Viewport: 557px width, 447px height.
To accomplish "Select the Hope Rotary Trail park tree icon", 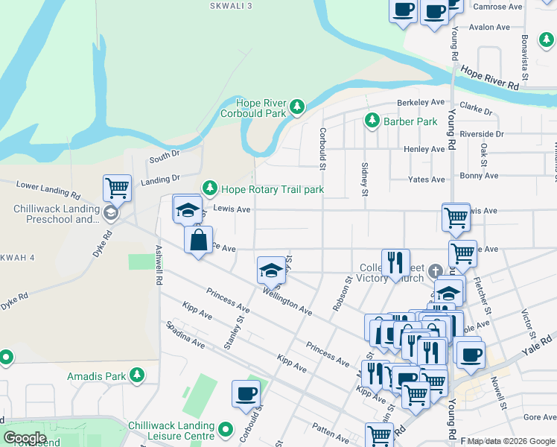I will pos(210,189).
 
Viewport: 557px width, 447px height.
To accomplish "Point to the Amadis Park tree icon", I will pos(137,375).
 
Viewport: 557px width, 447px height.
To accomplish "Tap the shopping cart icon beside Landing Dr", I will pos(117,188).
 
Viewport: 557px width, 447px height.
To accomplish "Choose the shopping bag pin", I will pos(198,241).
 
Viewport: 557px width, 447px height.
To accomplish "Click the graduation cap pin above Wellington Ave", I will pos(271,270).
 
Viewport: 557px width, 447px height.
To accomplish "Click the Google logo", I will pos(25,437).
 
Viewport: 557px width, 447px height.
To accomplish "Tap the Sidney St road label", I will pos(365,180).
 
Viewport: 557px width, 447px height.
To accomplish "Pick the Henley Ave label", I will pos(424,149).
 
